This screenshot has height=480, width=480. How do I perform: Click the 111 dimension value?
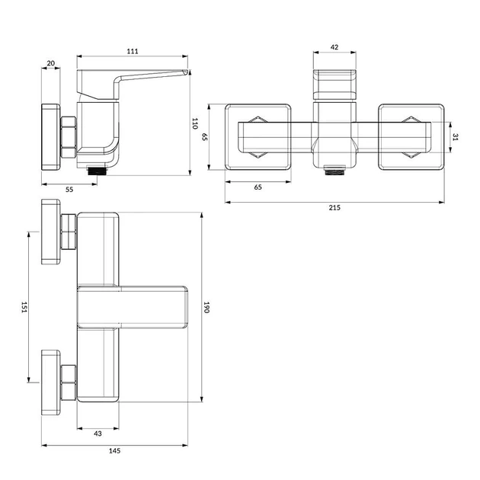(x=133, y=51)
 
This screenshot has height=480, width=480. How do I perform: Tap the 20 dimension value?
(x=51, y=63)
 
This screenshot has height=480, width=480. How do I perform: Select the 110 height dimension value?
(x=195, y=123)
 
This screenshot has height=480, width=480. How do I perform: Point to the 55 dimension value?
(x=69, y=190)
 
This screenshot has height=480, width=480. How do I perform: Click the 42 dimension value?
(x=334, y=47)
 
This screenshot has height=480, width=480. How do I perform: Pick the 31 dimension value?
(x=455, y=137)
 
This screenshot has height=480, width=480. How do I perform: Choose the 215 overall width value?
(x=334, y=207)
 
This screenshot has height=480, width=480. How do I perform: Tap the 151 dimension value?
(x=24, y=307)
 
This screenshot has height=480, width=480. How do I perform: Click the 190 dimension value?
(x=206, y=307)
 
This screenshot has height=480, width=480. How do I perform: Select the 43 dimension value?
(x=98, y=434)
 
